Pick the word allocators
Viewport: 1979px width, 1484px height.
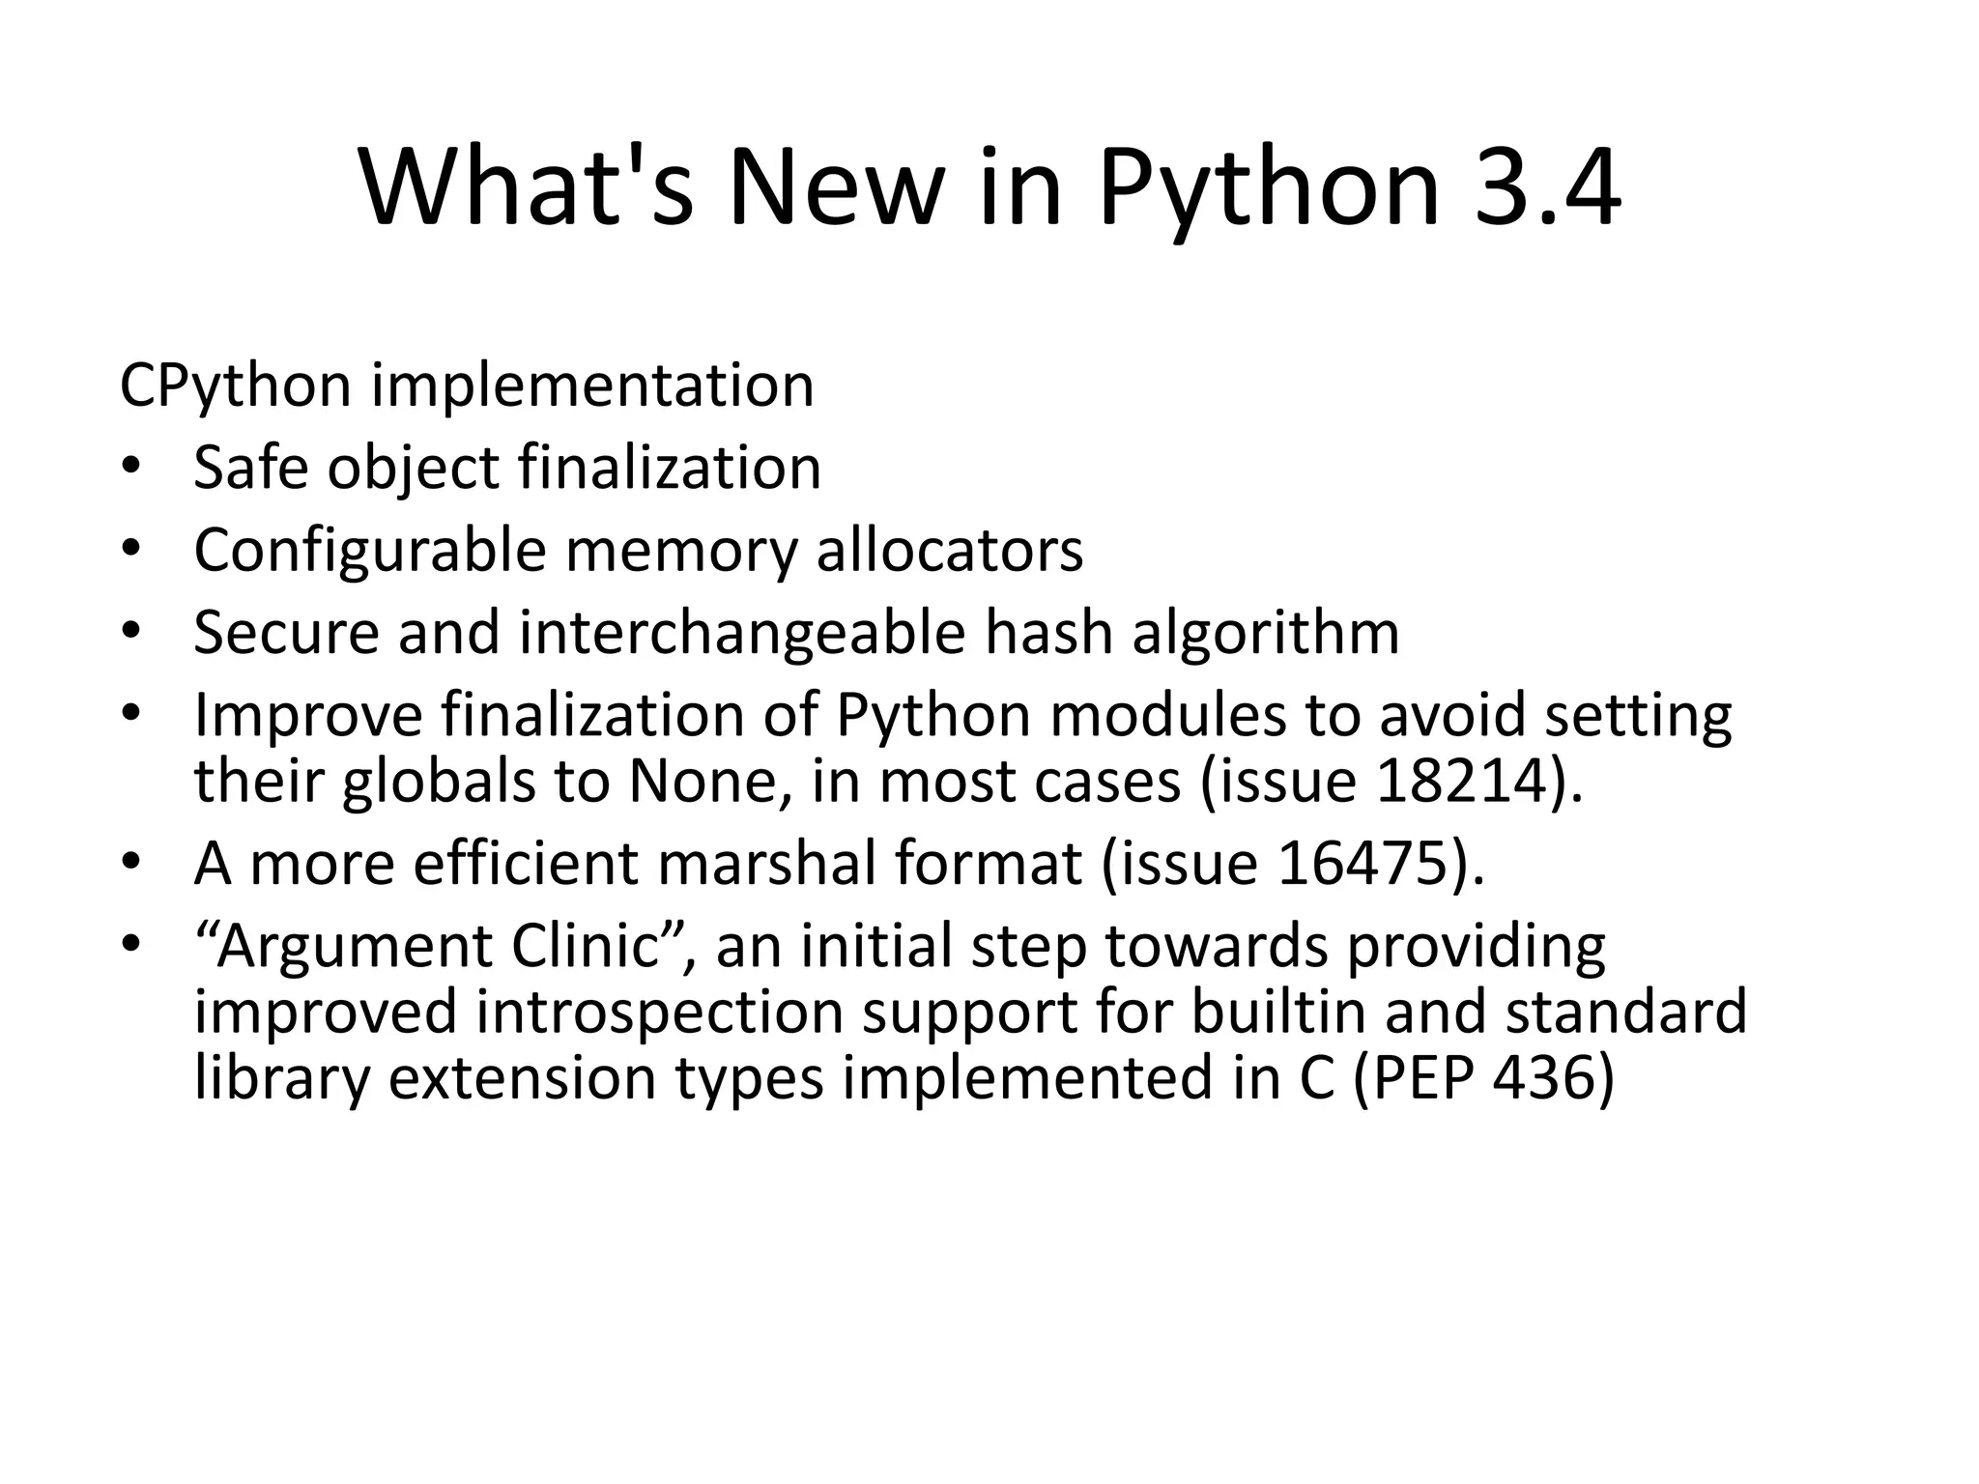pos(950,551)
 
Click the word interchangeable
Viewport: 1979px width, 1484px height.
pos(742,633)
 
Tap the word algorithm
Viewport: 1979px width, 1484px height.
pos(1265,633)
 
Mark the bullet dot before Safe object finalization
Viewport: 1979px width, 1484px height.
pos(131,470)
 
